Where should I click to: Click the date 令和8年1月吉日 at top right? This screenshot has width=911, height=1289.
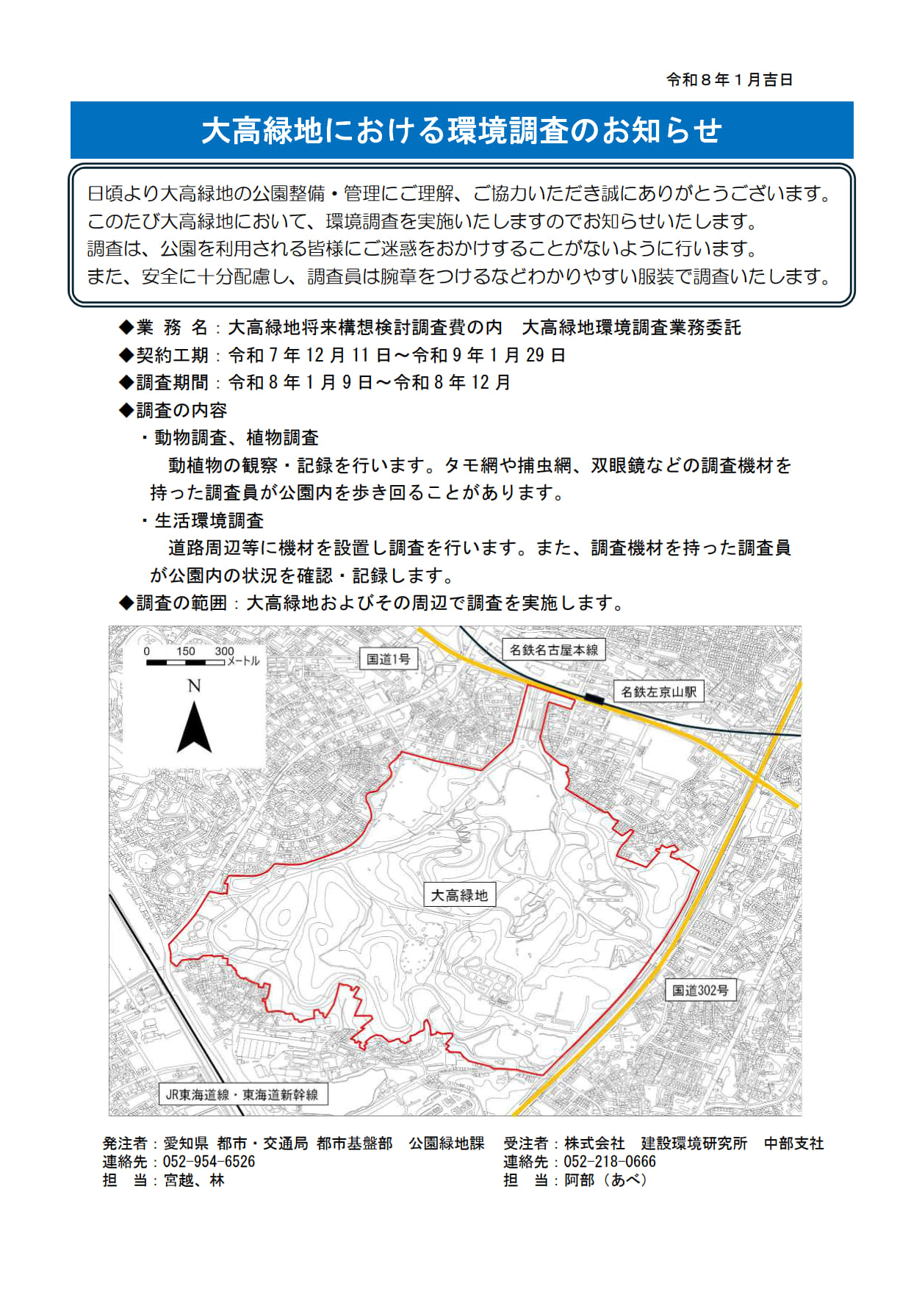pyautogui.click(x=729, y=79)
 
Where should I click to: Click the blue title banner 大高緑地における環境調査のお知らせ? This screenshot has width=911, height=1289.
pyautogui.click(x=461, y=130)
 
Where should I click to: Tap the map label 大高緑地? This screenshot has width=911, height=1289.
pyautogui.click(x=459, y=895)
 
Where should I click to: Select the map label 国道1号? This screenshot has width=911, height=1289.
pyautogui.click(x=388, y=658)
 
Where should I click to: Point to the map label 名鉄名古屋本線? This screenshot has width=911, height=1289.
pyautogui.click(x=554, y=650)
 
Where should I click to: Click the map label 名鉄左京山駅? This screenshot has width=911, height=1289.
pyautogui.click(x=658, y=692)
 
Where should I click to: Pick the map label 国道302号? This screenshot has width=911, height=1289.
pyautogui.click(x=700, y=990)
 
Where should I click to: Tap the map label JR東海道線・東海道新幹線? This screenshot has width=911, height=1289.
pyautogui.click(x=242, y=1094)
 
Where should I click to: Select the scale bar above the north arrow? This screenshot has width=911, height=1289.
pyautogui.click(x=185, y=662)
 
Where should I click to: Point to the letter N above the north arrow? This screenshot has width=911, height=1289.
pyautogui.click(x=194, y=686)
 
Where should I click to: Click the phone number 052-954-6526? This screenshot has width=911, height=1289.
pyautogui.click(x=209, y=1162)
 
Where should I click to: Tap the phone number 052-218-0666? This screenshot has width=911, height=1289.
pyautogui.click(x=609, y=1162)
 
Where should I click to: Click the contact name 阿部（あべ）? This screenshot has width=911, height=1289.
pyautogui.click(x=605, y=1180)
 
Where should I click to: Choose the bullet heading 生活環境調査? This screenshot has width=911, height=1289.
pyautogui.click(x=209, y=520)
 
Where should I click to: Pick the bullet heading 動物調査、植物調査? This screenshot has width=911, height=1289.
pyautogui.click(x=236, y=438)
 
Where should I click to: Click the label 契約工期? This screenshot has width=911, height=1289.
pyautogui.click(x=172, y=355)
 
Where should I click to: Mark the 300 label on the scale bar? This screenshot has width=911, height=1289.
pyautogui.click(x=224, y=651)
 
